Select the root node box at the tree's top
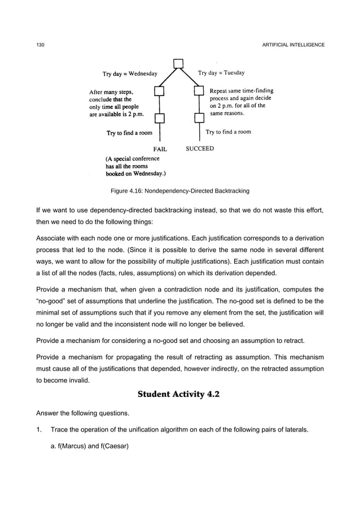[x=179, y=63]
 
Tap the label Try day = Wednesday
[x=129, y=73]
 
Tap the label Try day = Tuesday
[x=221, y=73]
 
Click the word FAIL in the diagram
[x=162, y=149]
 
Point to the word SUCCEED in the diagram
[x=200, y=149]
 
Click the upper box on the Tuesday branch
[x=199, y=91]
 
